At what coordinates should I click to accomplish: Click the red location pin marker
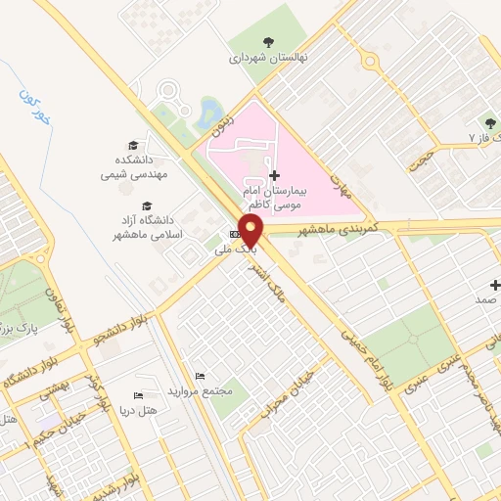[252, 231]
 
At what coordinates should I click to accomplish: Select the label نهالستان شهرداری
[267, 58]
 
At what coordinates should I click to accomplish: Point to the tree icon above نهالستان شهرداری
[268, 40]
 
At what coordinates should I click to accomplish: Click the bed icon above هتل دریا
[137, 393]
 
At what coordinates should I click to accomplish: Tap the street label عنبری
[438, 376]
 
